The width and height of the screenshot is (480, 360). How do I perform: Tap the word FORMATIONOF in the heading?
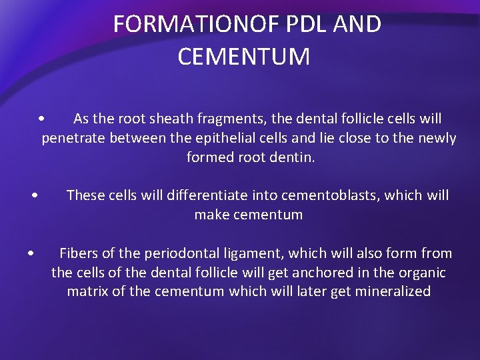click(x=197, y=24)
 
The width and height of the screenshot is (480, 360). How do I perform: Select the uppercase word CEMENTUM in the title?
click(x=244, y=57)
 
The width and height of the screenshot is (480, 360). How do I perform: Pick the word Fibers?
click(x=77, y=253)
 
